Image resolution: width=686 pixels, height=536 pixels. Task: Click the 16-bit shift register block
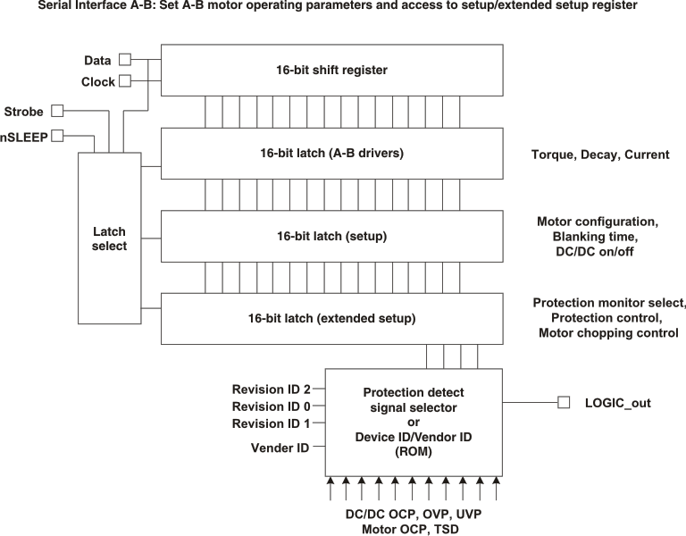(x=331, y=71)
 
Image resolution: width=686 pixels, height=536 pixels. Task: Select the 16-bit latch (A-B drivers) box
(x=331, y=153)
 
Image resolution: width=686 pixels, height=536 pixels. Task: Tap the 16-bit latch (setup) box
(x=331, y=236)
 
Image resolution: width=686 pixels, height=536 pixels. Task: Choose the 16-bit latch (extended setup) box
(x=331, y=318)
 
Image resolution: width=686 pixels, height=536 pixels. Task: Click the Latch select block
(x=110, y=238)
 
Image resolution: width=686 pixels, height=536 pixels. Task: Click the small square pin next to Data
(x=125, y=60)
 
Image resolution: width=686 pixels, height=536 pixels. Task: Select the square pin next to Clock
(x=125, y=81)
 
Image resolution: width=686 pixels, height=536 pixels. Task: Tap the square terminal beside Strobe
(x=57, y=111)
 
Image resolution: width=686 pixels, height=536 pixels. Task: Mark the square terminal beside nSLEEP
(x=57, y=136)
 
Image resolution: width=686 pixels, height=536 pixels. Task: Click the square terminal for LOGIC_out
(x=564, y=403)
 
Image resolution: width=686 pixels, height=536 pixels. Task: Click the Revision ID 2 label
(x=271, y=389)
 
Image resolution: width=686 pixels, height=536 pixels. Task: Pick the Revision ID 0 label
(x=271, y=406)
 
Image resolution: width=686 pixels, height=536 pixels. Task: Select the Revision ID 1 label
(x=271, y=423)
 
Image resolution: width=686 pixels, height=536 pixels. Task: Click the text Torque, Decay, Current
(x=599, y=155)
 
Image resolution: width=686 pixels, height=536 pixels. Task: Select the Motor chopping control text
(x=608, y=333)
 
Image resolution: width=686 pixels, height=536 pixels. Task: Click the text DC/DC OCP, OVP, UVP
(x=413, y=515)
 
